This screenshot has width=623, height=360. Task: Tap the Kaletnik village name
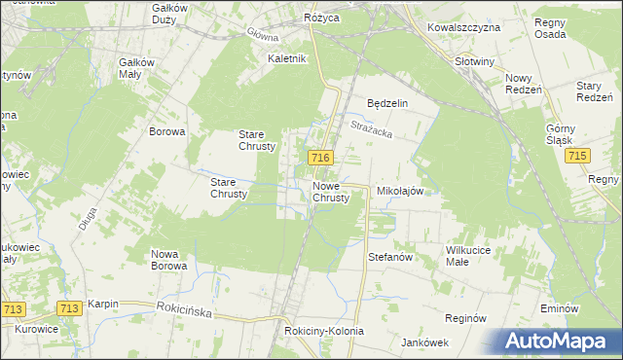click(288, 58)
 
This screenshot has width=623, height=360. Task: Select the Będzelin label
click(386, 103)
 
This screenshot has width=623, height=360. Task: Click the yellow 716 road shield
click(322, 158)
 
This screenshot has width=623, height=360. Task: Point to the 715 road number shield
click(580, 157)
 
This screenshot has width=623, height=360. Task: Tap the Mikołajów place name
click(400, 192)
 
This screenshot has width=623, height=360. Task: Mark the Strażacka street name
click(371, 126)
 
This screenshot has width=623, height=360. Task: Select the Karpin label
click(102, 304)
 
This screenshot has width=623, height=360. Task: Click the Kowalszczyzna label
click(463, 27)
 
